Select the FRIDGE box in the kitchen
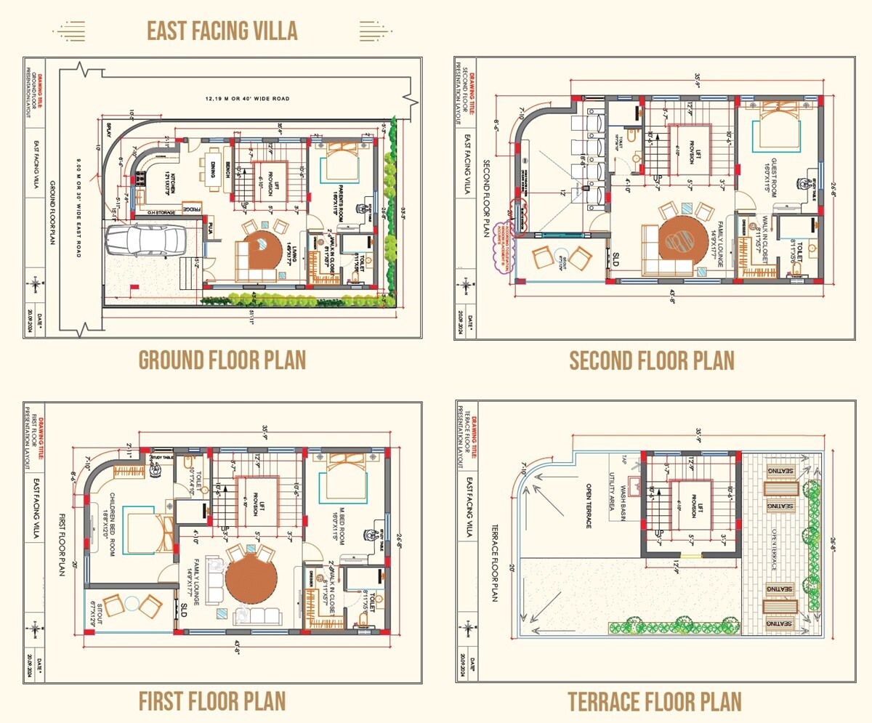click(190, 209)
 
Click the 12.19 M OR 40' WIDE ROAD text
click(247, 97)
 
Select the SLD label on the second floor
click(615, 259)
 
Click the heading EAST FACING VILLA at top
click(222, 31)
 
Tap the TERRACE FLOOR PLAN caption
click(654, 702)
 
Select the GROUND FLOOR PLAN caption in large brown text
click(222, 360)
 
